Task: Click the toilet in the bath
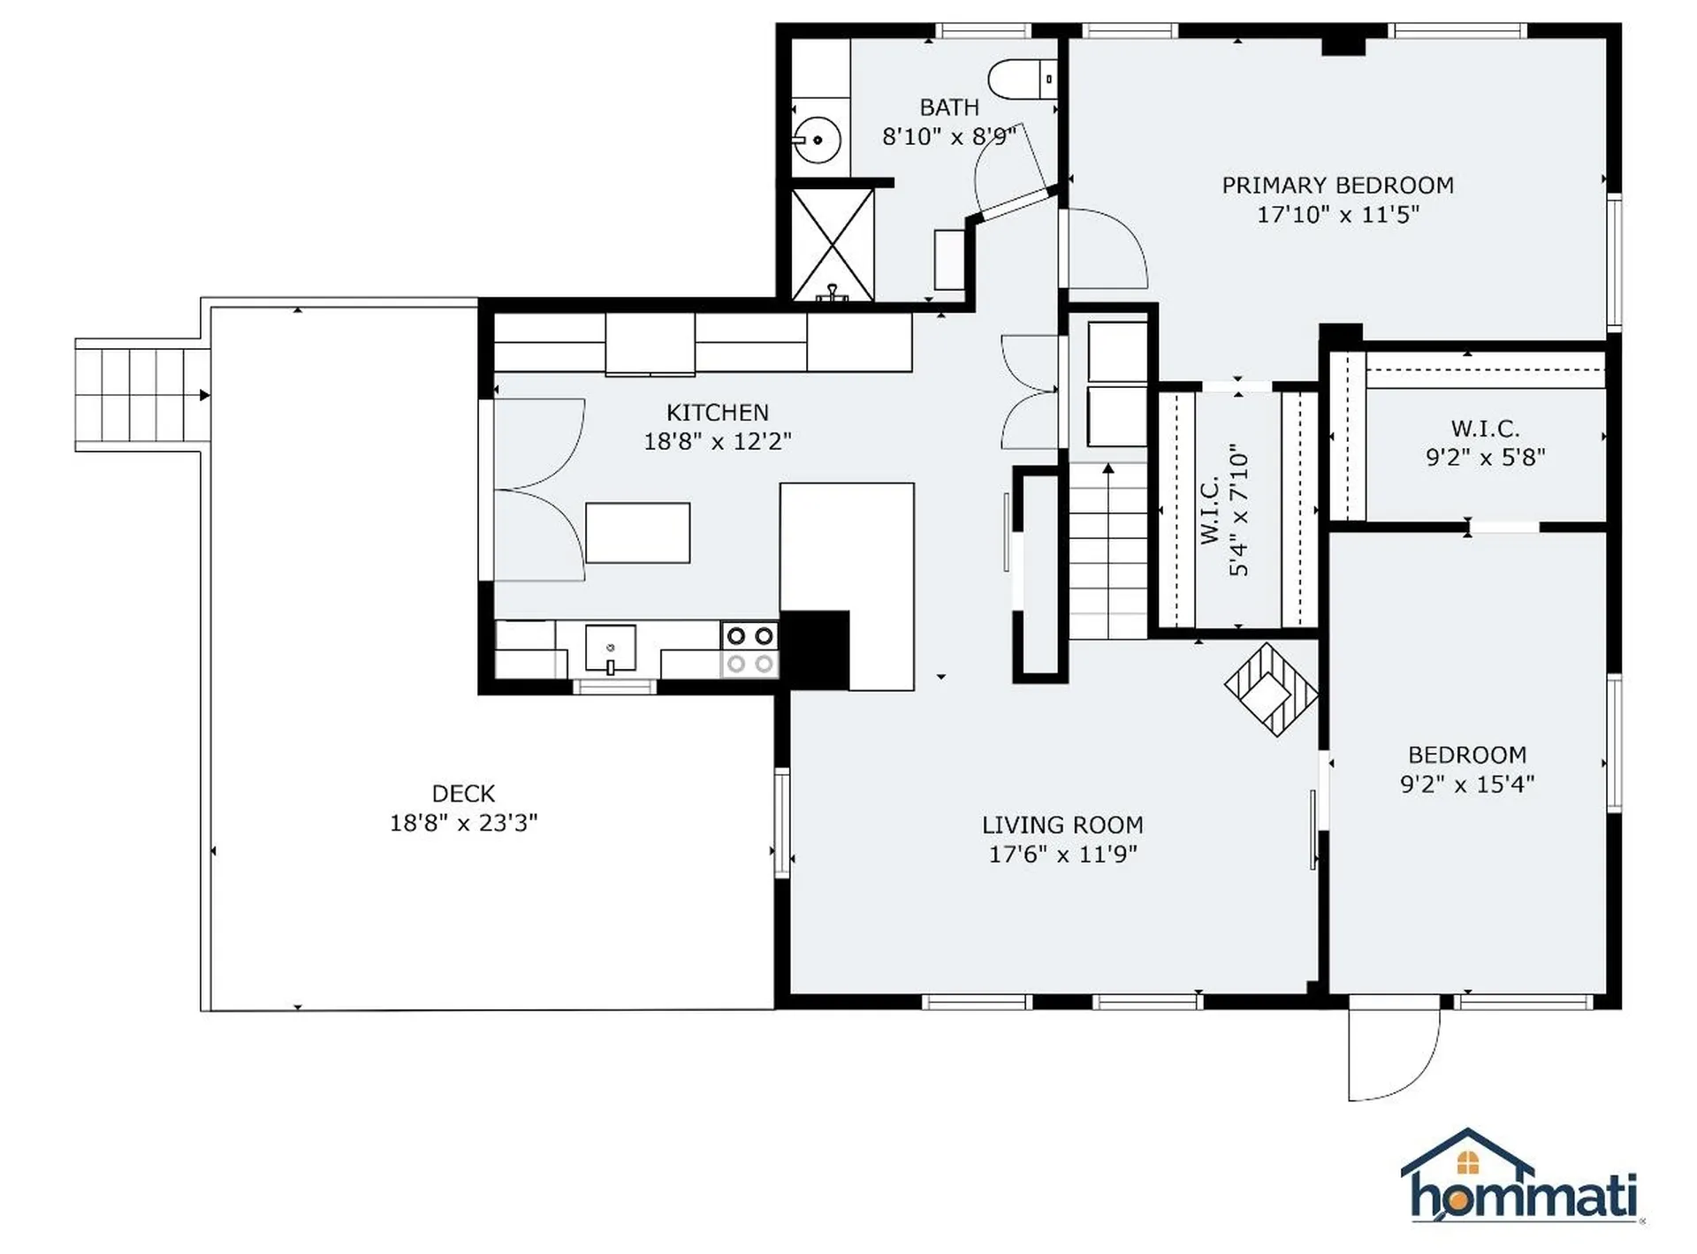pos(1022,80)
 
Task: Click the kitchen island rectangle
pos(637,533)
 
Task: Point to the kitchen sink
pos(610,649)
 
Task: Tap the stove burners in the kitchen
pos(750,650)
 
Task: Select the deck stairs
pos(142,395)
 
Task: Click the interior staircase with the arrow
pos(1108,551)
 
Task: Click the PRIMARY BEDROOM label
pos(1337,186)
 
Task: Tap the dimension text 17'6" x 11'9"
pos(1062,854)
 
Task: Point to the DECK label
pos(463,794)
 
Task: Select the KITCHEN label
pos(717,413)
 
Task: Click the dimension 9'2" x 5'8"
pos(1485,457)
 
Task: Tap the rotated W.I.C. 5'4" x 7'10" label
pos(1225,510)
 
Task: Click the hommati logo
pos(1521,1177)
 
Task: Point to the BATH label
pos(949,108)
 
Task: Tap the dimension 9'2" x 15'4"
pos(1466,784)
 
